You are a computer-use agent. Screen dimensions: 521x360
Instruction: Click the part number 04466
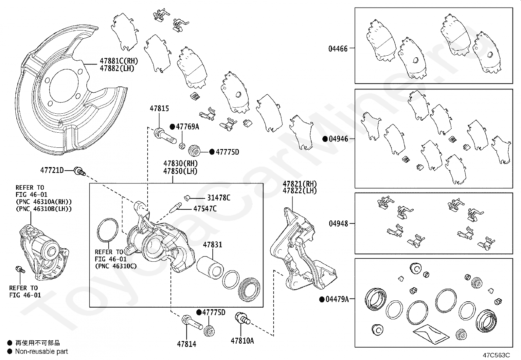pyautogui.click(x=338, y=49)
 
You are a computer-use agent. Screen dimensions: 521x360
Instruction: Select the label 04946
pyautogui.click(x=338, y=139)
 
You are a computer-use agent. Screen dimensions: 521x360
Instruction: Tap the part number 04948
pyautogui.click(x=338, y=223)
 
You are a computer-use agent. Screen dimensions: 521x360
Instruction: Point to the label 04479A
pyautogui.click(x=337, y=299)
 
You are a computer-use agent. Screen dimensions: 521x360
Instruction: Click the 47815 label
pyautogui.click(x=159, y=108)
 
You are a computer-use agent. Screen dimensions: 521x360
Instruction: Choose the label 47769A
pyautogui.click(x=188, y=127)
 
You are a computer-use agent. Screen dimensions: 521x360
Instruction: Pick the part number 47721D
pyautogui.click(x=52, y=170)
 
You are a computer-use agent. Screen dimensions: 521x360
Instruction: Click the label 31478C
pyautogui.click(x=219, y=198)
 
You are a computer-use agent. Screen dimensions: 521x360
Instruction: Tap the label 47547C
pyautogui.click(x=205, y=209)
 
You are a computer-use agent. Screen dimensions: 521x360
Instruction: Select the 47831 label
pyautogui.click(x=213, y=245)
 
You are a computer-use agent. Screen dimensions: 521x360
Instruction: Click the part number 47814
pyautogui.click(x=187, y=344)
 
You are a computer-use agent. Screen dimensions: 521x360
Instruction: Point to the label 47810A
pyautogui.click(x=243, y=341)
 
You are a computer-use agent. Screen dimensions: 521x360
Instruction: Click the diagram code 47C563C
pyautogui.click(x=496, y=355)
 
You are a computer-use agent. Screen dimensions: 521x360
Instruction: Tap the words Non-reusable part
pyautogui.click(x=42, y=351)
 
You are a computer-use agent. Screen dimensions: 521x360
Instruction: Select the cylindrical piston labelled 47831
pyautogui.click(x=210, y=268)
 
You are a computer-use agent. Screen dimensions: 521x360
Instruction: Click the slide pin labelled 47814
pyautogui.click(x=192, y=322)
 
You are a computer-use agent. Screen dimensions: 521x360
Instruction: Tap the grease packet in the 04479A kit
pyautogui.click(x=431, y=334)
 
